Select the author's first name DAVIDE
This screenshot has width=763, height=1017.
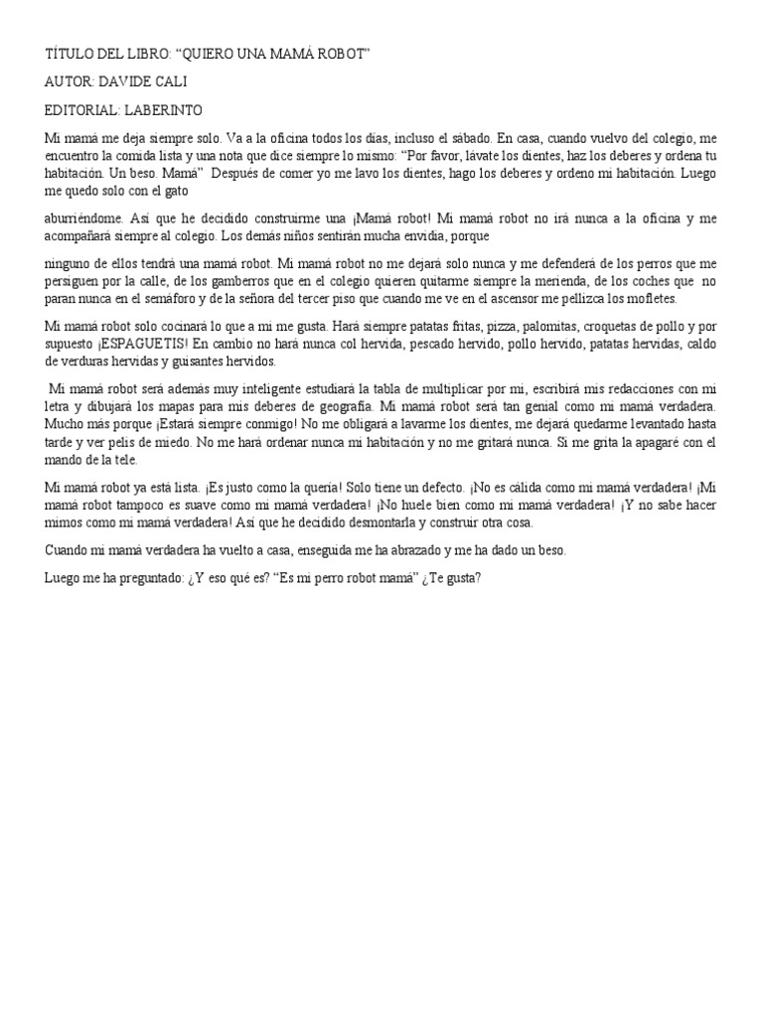tap(126, 81)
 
